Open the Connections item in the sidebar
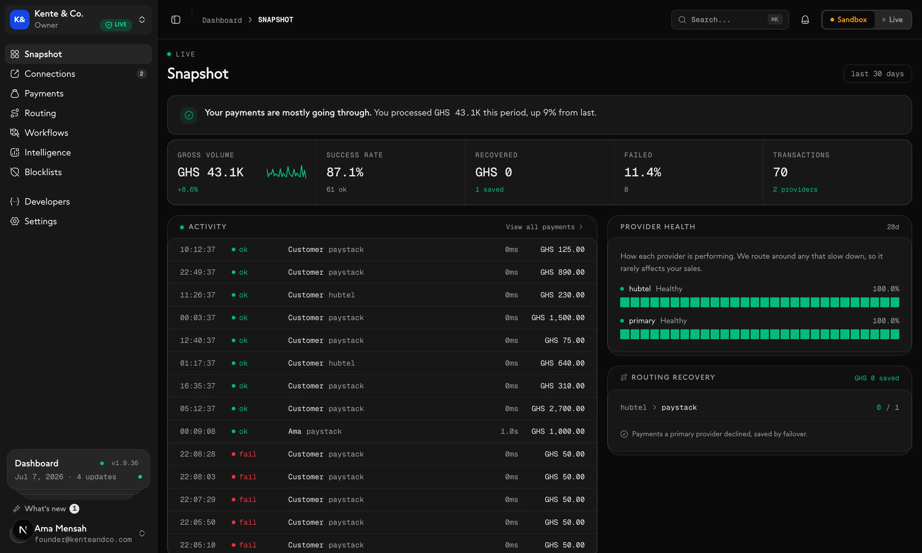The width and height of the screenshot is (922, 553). click(x=49, y=74)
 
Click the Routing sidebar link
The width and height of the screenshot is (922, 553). click(x=40, y=113)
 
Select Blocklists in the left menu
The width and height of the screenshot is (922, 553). click(x=43, y=172)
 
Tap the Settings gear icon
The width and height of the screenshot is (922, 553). click(x=14, y=221)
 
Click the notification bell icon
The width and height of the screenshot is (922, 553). click(x=805, y=20)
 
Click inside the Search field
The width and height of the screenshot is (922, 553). click(x=729, y=20)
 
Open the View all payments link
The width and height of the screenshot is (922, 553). click(x=544, y=227)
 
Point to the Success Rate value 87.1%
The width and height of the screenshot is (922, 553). click(x=345, y=172)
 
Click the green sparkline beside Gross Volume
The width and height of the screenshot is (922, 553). click(x=286, y=172)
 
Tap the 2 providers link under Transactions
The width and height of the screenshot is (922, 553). click(x=795, y=190)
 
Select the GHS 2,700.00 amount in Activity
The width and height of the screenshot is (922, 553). click(x=558, y=409)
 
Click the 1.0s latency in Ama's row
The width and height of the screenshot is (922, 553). click(x=509, y=432)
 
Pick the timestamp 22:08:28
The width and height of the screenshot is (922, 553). click(x=198, y=454)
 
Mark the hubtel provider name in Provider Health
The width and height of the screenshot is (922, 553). click(x=640, y=289)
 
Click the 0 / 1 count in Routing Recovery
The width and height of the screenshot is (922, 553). click(x=887, y=408)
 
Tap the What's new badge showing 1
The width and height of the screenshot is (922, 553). click(x=74, y=509)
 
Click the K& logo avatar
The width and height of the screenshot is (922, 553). click(x=19, y=20)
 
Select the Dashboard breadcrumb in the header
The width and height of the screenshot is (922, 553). click(x=222, y=20)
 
